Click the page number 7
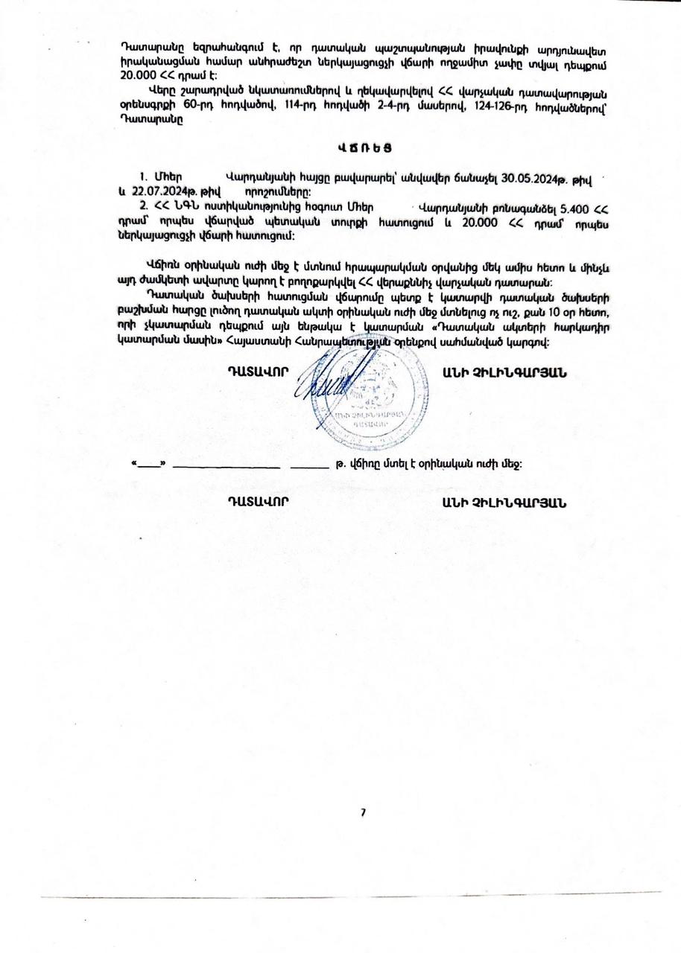click(x=363, y=812)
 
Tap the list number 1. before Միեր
click(x=144, y=177)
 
